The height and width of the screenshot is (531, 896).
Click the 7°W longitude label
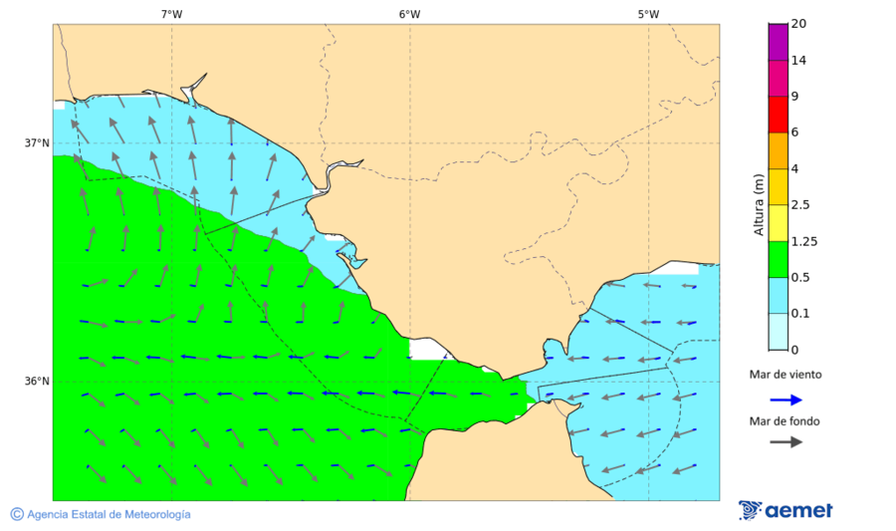pos(171,14)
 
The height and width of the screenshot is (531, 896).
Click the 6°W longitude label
pos(409,14)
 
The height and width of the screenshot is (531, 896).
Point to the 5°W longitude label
pos(648,14)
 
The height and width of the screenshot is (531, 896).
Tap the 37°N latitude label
pos(37,142)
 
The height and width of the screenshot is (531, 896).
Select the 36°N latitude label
pos(37,382)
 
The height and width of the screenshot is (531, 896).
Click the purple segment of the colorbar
pos(779,42)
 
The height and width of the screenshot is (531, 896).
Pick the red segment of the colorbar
pos(779,115)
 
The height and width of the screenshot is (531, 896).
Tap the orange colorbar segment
pos(779,150)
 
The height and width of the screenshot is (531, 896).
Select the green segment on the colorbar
pos(779,259)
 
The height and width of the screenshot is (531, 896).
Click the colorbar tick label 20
pos(798,24)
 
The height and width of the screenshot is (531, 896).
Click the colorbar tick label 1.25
pos(804,241)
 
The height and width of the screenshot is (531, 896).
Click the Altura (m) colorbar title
pos(759,205)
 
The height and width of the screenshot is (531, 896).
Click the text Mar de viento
pos(785,375)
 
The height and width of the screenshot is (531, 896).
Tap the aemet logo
pos(785,510)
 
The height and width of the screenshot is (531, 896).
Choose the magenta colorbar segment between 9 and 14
pos(779,78)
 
